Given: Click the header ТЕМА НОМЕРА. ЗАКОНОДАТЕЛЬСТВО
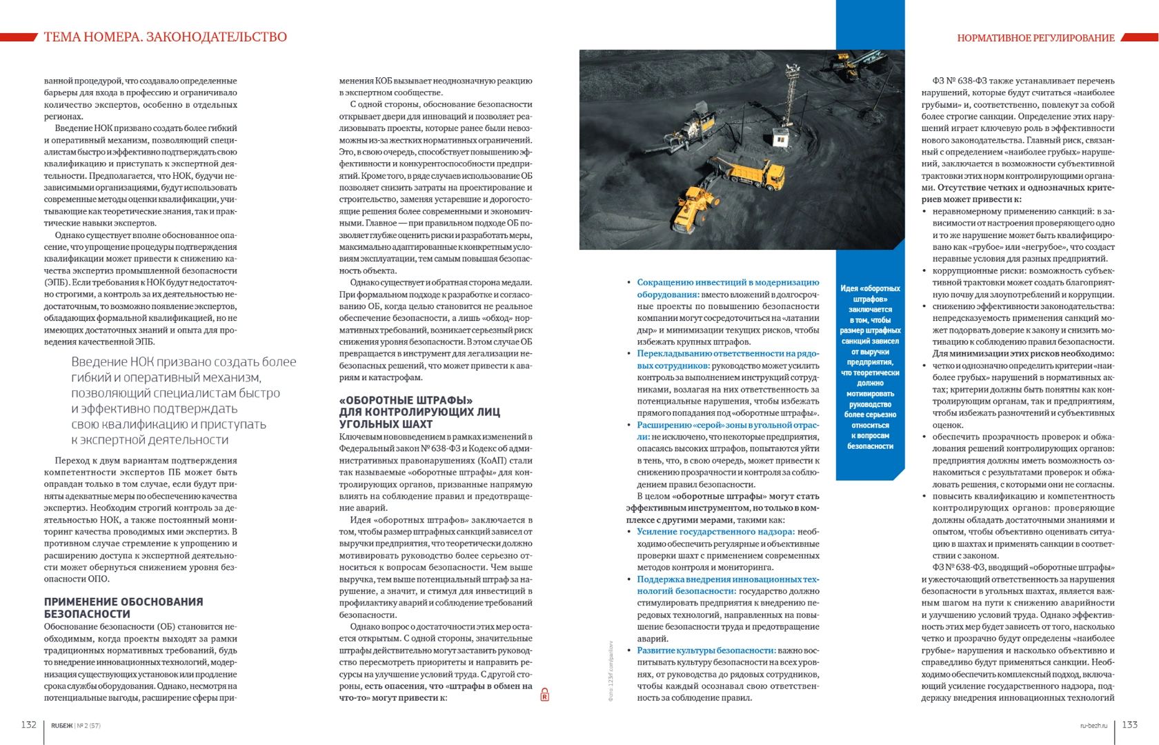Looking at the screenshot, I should pos(166,37).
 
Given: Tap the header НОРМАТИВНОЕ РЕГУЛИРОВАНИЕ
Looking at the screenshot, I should pos(1036,38).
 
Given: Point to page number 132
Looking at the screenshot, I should pos(28,724).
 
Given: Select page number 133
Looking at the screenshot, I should pos(1129,724).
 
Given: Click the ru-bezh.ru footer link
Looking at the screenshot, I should pos(1093,726).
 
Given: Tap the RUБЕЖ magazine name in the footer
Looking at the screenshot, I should pos(61,726).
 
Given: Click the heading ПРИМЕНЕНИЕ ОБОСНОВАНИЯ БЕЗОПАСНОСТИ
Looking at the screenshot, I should pos(123,608).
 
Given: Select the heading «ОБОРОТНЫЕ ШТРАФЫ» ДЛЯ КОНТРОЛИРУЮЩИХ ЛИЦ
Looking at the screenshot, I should pos(419,412).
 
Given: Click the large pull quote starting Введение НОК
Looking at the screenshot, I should pos(184,401).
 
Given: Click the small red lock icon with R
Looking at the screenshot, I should pos(544,695).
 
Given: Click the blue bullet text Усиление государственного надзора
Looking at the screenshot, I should pos(715,532).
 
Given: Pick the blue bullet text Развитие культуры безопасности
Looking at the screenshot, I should pos(706,650).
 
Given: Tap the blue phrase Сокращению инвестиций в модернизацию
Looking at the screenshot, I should pos(728,282).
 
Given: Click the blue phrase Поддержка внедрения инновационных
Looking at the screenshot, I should pos(727,579).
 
